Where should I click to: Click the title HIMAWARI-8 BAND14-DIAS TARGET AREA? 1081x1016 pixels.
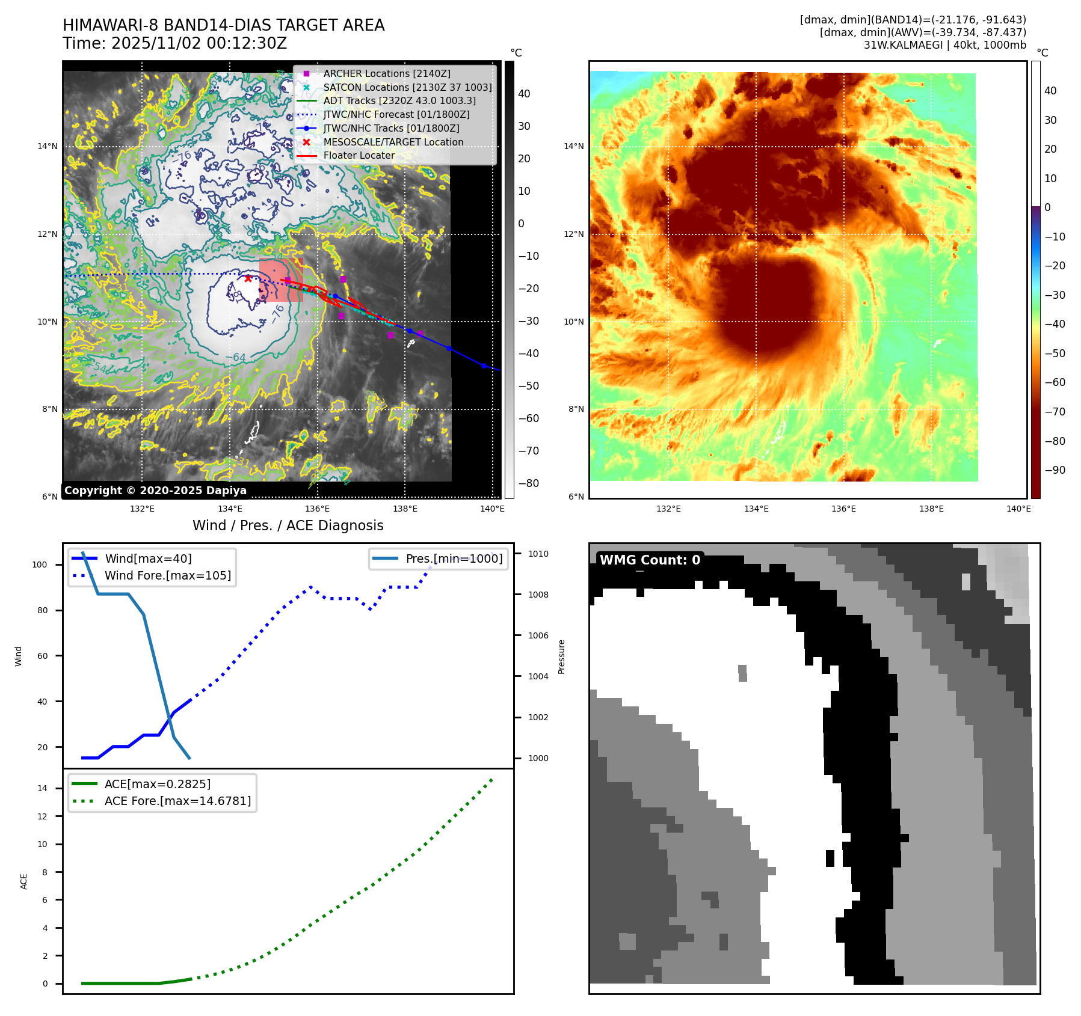point(223,25)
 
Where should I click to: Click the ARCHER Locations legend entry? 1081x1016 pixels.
point(386,73)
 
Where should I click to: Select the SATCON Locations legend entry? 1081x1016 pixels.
point(407,87)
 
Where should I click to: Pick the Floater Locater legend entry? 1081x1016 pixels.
point(359,155)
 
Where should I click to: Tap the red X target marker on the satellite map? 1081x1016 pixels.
point(248,278)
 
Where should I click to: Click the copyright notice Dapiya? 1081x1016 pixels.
point(155,491)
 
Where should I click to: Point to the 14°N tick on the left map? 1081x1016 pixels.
point(48,146)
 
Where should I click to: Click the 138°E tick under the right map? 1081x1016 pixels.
point(931,509)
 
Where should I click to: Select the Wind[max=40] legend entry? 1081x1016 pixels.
point(148,558)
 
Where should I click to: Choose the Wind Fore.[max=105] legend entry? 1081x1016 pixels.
point(167,575)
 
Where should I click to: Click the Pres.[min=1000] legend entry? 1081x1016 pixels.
point(454,558)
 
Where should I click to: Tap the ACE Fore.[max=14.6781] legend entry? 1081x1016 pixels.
point(177,801)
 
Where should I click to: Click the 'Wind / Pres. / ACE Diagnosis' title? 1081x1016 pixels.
point(288,525)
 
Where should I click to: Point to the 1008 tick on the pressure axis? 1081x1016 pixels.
point(538,595)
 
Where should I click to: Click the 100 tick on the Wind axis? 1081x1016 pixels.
point(40,565)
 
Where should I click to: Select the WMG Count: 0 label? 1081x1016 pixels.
point(650,560)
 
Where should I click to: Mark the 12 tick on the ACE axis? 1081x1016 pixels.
point(42,816)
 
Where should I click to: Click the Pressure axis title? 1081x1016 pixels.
point(561,656)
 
